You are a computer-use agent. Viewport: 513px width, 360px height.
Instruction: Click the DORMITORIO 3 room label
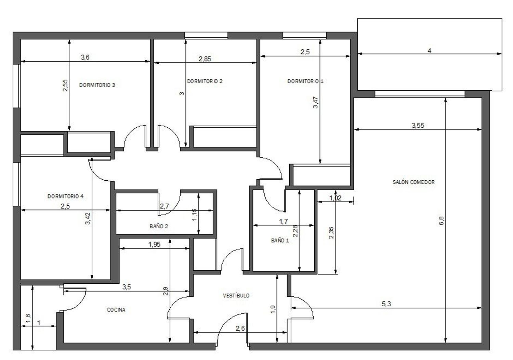tap(97, 85)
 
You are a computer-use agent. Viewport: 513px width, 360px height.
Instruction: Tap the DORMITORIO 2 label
tap(205, 81)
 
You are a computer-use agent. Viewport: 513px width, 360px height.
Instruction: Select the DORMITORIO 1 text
tap(305, 81)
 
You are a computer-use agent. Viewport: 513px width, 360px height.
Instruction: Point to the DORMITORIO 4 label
tap(66, 196)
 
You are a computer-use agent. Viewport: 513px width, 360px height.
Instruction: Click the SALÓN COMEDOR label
tap(413, 182)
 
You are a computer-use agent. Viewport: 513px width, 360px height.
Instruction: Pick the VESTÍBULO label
tap(236, 295)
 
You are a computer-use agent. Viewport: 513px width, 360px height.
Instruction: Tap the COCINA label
tap(116, 310)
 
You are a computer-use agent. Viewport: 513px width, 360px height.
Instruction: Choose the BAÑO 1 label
tap(280, 240)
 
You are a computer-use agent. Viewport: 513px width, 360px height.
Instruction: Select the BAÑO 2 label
tap(159, 226)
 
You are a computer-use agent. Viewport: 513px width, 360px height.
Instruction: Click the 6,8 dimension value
tap(441, 221)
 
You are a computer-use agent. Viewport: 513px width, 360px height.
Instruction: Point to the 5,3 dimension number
tap(386, 304)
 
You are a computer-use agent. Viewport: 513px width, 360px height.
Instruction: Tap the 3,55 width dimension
tap(418, 125)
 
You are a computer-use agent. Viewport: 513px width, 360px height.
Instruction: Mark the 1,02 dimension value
tap(335, 198)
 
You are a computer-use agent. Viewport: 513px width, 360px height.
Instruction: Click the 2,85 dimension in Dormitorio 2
tap(205, 59)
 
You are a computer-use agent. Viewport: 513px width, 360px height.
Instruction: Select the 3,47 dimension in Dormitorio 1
tap(316, 102)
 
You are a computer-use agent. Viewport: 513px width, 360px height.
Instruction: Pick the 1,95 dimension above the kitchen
tap(154, 244)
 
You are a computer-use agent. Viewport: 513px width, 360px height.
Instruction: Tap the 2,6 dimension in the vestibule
tap(240, 329)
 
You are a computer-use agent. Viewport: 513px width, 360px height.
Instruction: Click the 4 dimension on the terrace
tap(430, 51)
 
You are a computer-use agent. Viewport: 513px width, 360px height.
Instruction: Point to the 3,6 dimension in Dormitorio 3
tap(85, 57)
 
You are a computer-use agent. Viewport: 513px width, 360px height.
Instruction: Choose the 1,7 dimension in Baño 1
tap(283, 221)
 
